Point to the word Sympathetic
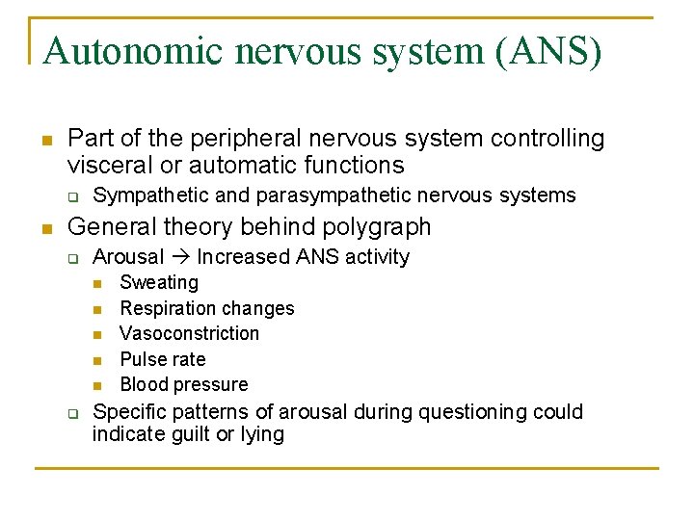click(150, 195)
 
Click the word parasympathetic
click(322, 195)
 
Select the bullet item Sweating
click(159, 283)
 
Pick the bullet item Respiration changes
click(206, 309)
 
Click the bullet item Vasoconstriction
click(189, 334)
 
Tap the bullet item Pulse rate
click(162, 359)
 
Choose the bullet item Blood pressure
click(183, 385)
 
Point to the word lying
click(261, 434)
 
